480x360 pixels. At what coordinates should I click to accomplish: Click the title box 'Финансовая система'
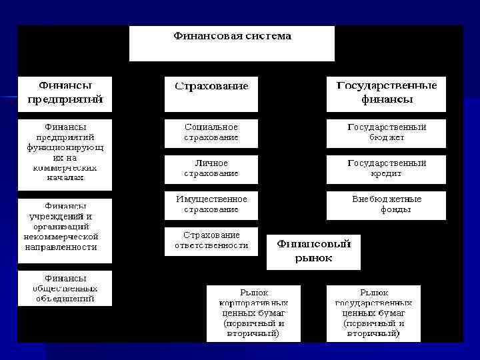click(232, 43)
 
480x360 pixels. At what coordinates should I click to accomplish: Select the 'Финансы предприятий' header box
click(65, 93)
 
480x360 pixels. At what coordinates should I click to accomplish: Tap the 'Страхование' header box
click(211, 94)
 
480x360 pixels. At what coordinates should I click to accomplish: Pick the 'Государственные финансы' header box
click(386, 93)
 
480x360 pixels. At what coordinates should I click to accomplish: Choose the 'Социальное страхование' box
click(211, 133)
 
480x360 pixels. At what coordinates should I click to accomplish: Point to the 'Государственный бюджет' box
click(386, 133)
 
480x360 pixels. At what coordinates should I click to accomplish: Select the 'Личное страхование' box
click(211, 169)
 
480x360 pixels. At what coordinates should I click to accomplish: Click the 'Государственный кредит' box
click(386, 169)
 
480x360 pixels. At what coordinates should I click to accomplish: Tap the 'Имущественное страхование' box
click(211, 205)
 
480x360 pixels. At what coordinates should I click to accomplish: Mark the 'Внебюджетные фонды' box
click(386, 205)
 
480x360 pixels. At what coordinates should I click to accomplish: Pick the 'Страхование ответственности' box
click(211, 241)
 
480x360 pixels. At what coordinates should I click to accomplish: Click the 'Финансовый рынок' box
click(313, 251)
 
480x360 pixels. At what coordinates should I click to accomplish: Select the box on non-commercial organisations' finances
click(65, 227)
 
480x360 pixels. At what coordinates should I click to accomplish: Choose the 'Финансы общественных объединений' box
click(65, 289)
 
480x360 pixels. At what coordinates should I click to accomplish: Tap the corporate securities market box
click(253, 313)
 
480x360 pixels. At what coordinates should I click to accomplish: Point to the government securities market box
click(373, 313)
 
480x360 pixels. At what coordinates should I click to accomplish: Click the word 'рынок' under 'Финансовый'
click(313, 259)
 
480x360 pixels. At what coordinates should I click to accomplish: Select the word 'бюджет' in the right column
click(387, 138)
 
